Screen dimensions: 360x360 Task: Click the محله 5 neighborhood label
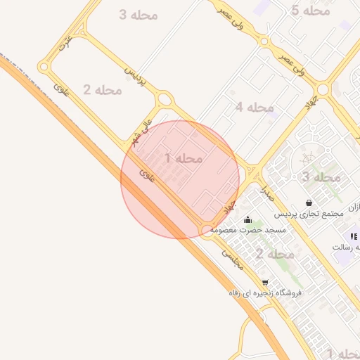tap(311, 11)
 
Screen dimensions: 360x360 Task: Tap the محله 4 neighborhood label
tap(255, 107)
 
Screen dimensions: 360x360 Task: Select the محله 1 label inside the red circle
tap(184, 158)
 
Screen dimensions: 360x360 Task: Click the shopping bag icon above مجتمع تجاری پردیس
tap(309, 202)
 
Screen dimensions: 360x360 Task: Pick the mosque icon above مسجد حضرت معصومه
tap(247, 220)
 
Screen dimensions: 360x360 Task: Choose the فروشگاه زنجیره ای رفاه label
tap(264, 292)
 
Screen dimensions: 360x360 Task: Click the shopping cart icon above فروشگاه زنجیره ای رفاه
tap(264, 282)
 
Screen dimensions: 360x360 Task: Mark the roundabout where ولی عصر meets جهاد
tap(323, 90)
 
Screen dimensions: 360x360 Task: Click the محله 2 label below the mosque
tap(274, 253)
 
